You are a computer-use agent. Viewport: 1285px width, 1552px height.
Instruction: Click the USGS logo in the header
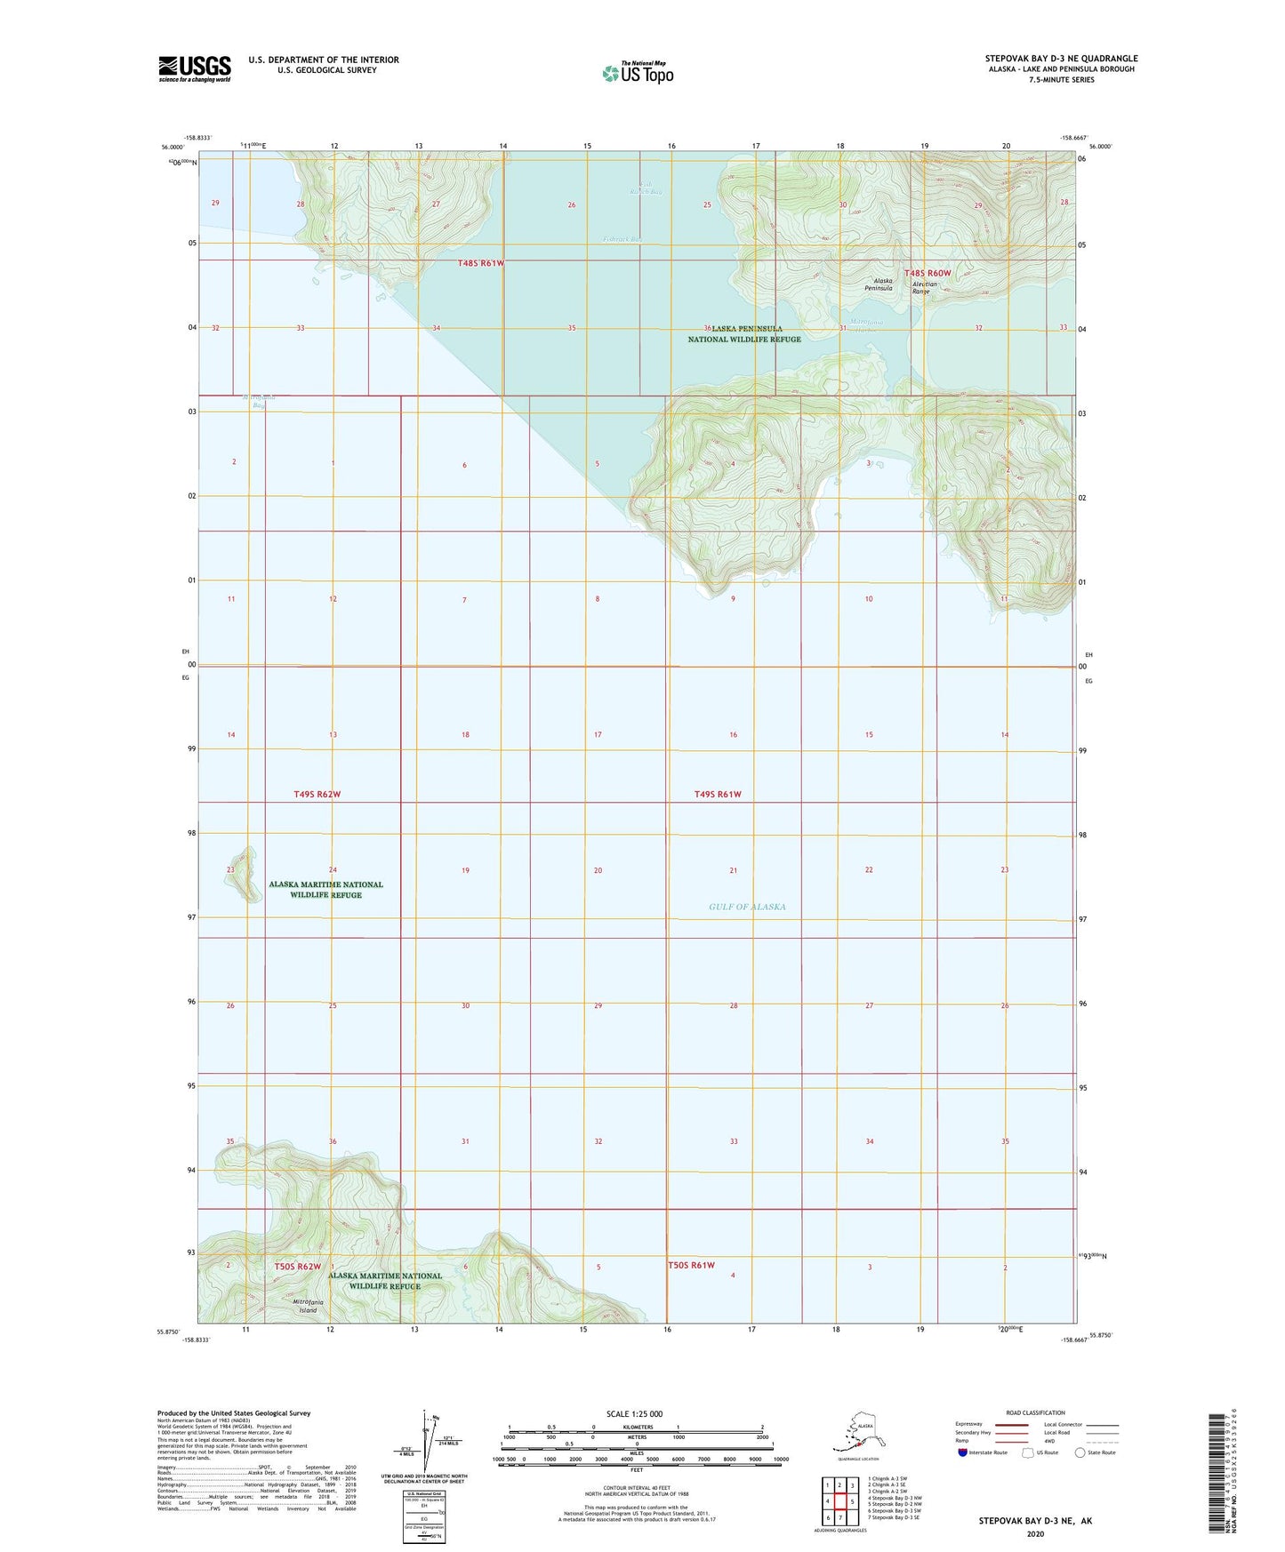coord(194,68)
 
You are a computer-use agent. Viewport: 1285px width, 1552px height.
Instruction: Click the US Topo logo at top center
coord(637,72)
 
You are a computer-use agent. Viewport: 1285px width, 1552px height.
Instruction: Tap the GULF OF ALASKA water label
coord(747,907)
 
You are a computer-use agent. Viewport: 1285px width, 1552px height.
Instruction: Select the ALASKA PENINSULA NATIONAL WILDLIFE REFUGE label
coord(744,334)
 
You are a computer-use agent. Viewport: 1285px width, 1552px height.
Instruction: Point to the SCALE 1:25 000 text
coord(635,1414)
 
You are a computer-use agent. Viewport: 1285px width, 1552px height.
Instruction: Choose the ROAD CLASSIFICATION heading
coord(1035,1412)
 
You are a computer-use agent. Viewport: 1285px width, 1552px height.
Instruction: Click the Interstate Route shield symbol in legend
coord(962,1452)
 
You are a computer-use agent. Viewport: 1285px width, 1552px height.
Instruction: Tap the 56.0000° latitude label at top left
coord(173,148)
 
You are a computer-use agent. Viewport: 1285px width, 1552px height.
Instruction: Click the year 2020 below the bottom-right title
coord(1035,1533)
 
